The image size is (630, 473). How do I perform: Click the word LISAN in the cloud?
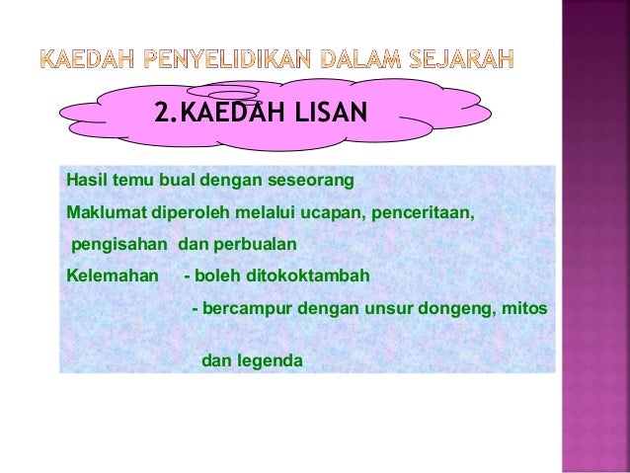tap(326, 117)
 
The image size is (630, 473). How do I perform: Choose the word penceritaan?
tap(428, 211)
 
